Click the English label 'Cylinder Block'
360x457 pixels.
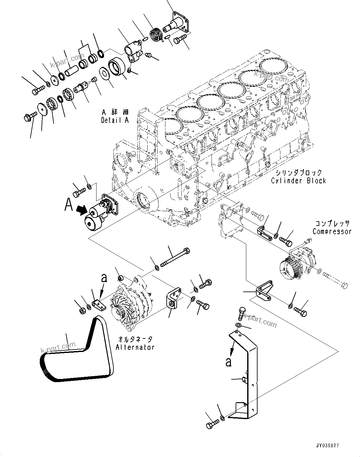pos(299,181)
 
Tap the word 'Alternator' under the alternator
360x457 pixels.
pos(135,347)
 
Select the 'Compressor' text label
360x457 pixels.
pos(332,231)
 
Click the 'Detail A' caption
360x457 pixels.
pos(115,120)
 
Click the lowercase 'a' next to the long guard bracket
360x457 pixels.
pos(229,362)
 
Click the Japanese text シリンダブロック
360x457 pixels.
pos(299,173)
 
